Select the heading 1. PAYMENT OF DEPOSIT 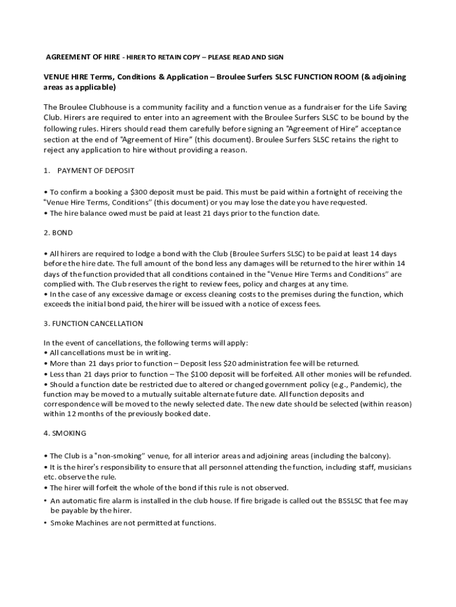point(89,171)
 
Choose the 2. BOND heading point(58,233)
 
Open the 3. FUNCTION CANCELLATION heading point(93,324)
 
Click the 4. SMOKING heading point(65,433)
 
